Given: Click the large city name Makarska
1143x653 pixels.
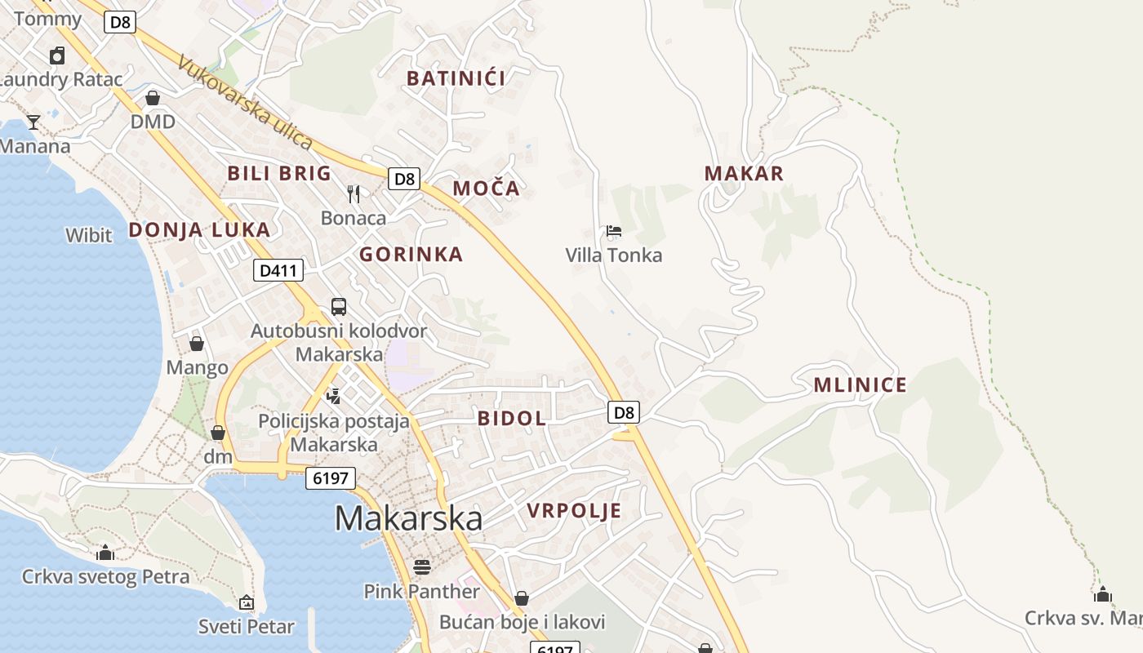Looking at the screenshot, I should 408,518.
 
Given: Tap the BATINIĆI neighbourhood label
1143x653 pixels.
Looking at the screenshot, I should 456,78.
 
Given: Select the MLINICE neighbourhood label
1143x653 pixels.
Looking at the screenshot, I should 860,385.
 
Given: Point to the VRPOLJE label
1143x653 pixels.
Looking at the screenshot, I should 574,511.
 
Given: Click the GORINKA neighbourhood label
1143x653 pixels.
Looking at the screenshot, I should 411,255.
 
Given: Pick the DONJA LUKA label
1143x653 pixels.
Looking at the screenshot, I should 198,230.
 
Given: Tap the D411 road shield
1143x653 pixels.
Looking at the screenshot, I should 278,270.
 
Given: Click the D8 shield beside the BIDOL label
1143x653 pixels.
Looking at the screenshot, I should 624,412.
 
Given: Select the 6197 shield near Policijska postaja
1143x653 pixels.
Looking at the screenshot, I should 331,478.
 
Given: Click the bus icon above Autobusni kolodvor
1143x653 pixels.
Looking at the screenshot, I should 339,307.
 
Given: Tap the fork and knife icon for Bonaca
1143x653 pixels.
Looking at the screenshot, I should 354,193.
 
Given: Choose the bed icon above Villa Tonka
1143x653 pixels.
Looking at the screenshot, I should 614,231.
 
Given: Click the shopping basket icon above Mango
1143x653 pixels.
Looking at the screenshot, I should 197,344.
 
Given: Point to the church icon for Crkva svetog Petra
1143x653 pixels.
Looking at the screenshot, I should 105,553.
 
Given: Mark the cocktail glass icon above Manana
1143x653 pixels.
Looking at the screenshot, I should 33,122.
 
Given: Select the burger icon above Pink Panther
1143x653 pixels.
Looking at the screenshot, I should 422,566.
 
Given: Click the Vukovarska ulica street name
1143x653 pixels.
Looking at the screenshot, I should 244,103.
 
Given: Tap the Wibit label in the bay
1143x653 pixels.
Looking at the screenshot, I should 88,236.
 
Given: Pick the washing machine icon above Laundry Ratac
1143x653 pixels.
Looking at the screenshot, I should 57,56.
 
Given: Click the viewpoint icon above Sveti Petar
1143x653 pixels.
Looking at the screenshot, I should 247,603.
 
